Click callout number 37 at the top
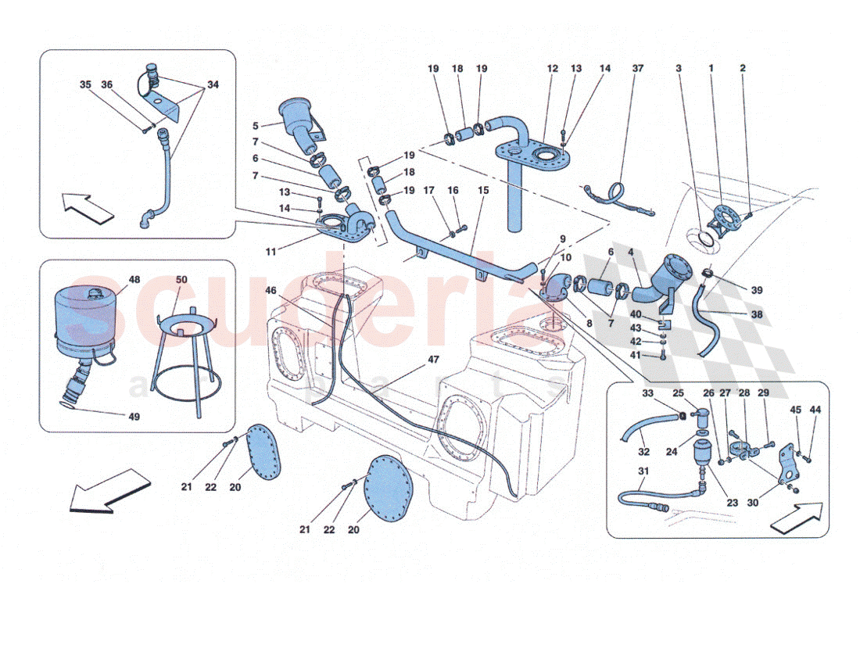tap(637, 69)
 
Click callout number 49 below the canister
tap(134, 417)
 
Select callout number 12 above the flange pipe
tap(553, 69)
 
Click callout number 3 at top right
tap(679, 69)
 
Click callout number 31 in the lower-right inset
tap(643, 471)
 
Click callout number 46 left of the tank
tap(271, 290)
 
